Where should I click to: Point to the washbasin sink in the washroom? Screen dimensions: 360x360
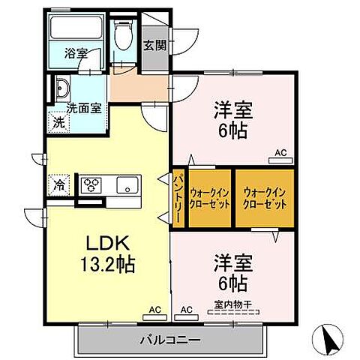click(62, 89)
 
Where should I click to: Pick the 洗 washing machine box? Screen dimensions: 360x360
click(58, 121)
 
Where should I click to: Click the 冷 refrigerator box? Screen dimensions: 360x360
click(58, 184)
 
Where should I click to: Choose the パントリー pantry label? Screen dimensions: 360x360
click(179, 197)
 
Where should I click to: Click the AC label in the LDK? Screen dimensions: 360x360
click(154, 308)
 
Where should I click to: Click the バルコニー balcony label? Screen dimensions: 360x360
click(169, 340)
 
